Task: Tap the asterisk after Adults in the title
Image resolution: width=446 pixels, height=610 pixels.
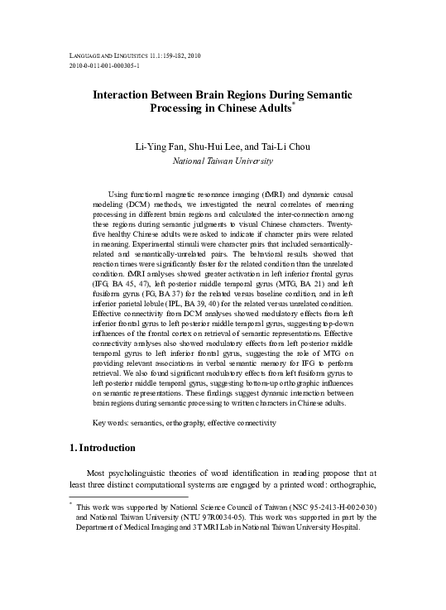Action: (295, 105)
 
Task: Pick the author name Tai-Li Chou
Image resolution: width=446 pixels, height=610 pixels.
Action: (289, 146)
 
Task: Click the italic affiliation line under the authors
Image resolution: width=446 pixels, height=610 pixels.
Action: (223, 161)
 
